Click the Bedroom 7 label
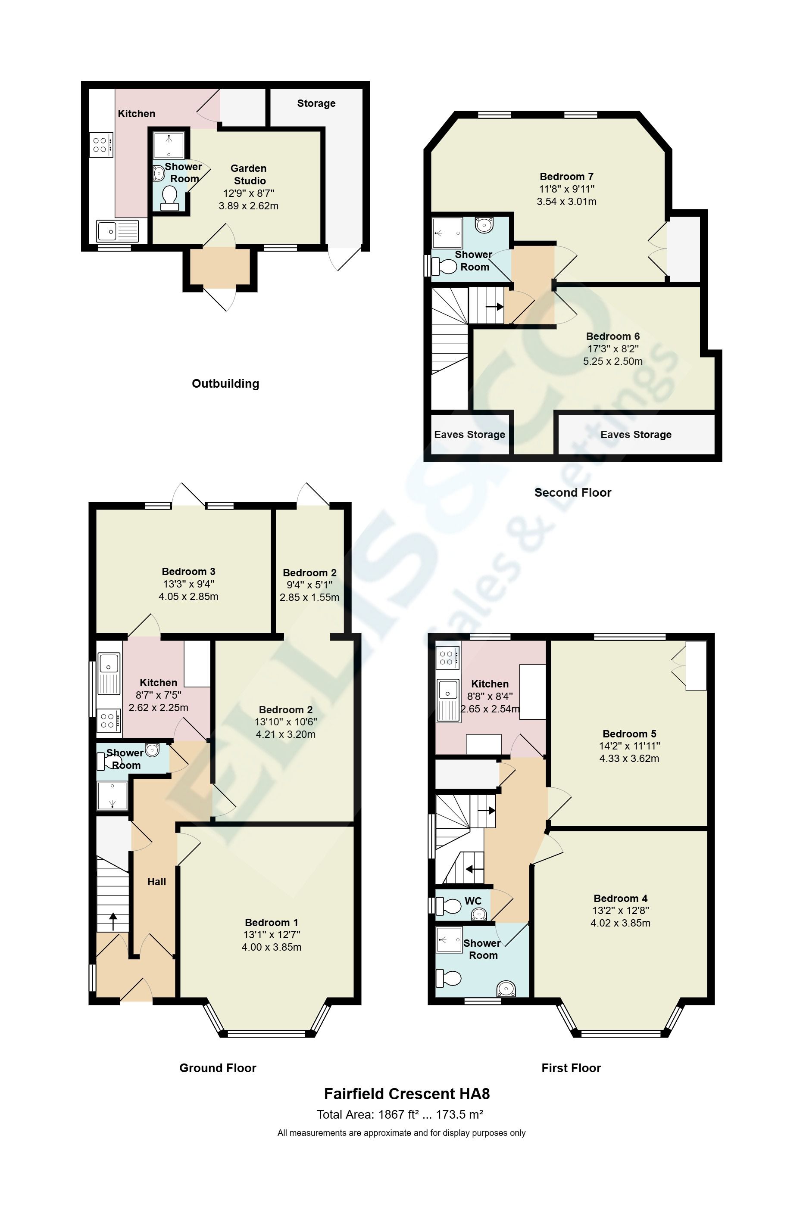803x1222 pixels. (x=566, y=177)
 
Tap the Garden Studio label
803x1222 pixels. (x=249, y=174)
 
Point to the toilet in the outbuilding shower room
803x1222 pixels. (x=169, y=199)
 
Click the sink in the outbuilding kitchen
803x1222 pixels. (x=118, y=231)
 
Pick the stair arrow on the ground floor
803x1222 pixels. (x=112, y=922)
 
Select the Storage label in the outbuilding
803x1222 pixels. (x=316, y=103)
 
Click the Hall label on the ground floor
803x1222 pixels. (x=157, y=882)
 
